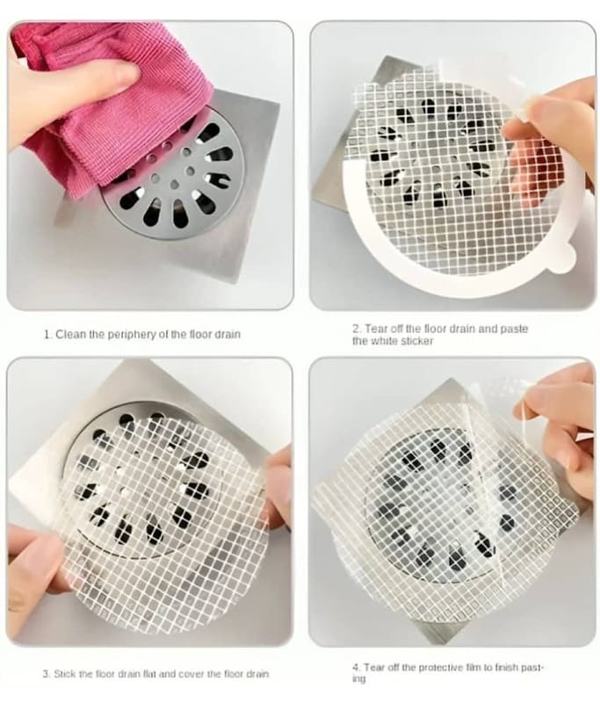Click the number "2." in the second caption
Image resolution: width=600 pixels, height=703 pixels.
click(358, 329)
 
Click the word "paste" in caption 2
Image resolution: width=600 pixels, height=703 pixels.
click(514, 329)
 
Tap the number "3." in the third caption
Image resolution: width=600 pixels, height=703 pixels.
click(47, 673)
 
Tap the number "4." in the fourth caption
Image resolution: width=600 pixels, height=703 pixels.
click(356, 667)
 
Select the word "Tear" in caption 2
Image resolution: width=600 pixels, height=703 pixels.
click(374, 329)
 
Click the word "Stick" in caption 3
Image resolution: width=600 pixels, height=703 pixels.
click(64, 673)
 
